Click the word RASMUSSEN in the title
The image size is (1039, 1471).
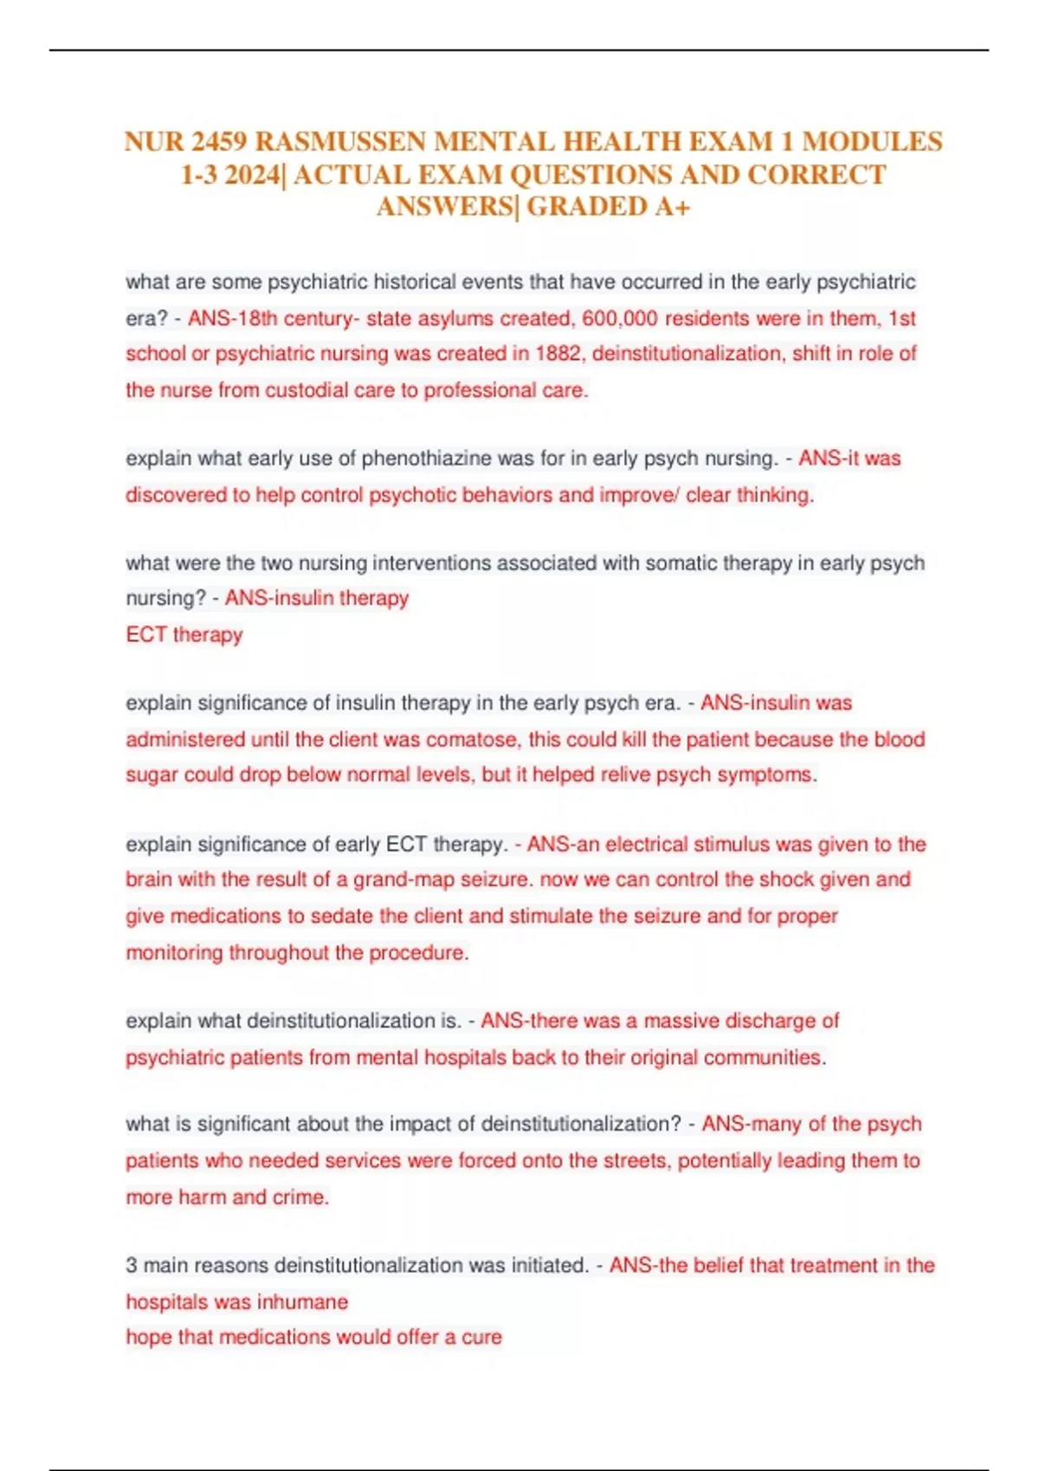click(339, 141)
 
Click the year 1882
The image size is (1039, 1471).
click(558, 354)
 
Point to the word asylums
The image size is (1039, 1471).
click(455, 318)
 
